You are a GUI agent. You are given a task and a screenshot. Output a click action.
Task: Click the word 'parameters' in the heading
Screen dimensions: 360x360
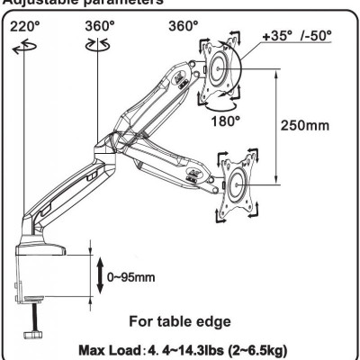(x=117, y=3)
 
